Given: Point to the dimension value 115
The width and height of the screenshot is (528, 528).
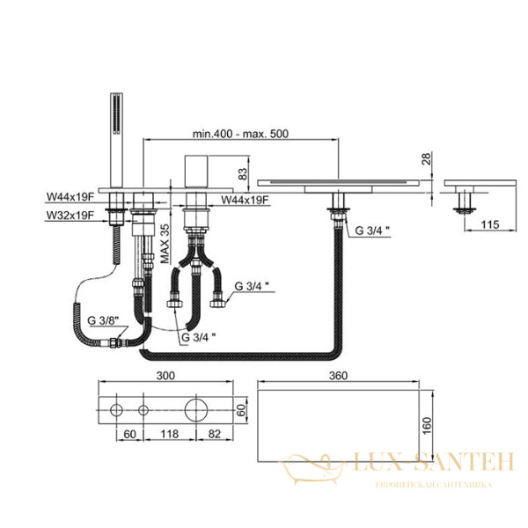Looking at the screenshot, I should coord(490,225).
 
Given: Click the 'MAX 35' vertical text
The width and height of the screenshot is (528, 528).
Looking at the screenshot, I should coord(164,245).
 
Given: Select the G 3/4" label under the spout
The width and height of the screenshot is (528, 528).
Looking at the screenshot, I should coord(371,232).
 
